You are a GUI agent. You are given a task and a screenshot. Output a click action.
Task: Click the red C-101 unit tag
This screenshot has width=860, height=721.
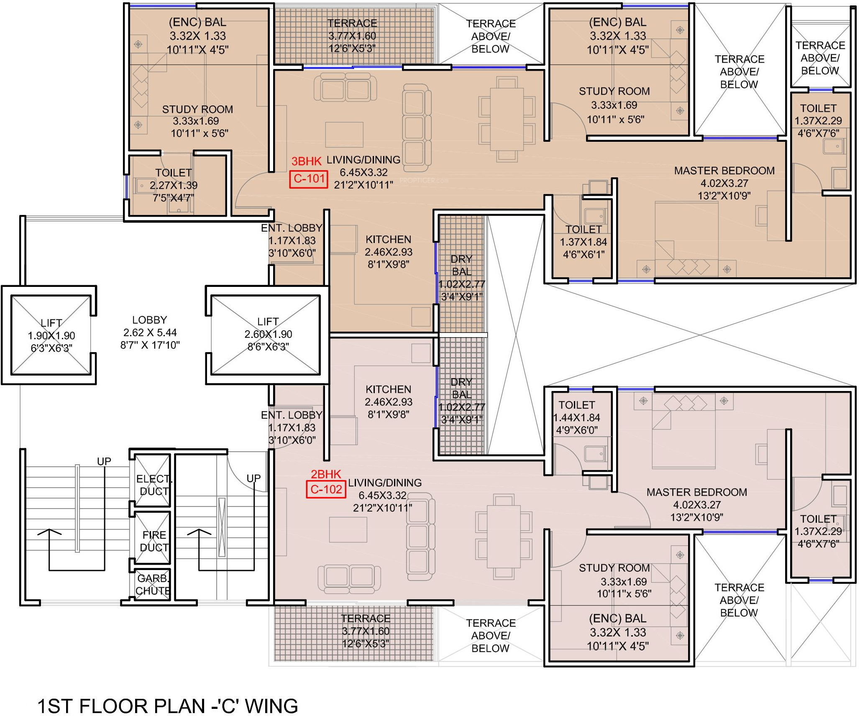click(x=309, y=179)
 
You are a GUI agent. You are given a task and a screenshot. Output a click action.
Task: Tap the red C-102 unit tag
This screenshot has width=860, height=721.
click(x=326, y=489)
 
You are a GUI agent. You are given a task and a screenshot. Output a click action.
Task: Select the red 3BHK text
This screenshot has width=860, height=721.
click(x=307, y=161)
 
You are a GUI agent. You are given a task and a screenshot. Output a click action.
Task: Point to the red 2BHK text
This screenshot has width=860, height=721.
click(x=326, y=474)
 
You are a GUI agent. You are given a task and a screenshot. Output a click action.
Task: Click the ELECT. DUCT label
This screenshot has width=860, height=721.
click(x=154, y=485)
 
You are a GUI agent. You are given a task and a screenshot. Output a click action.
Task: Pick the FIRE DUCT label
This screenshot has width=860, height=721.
click(x=154, y=541)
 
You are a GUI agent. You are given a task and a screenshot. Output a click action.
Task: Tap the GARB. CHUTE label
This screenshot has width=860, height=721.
click(x=153, y=585)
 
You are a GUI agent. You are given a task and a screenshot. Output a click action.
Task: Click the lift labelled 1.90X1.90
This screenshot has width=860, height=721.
click(x=51, y=335)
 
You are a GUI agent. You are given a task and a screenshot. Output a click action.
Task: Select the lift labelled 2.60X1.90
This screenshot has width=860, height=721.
click(x=266, y=335)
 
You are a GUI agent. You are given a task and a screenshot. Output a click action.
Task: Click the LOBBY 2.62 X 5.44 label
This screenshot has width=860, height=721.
click(x=150, y=332)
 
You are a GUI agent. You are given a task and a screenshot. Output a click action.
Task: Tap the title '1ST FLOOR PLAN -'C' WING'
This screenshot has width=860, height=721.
click(x=168, y=706)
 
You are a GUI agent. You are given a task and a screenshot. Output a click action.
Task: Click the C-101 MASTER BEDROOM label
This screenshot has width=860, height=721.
click(x=724, y=183)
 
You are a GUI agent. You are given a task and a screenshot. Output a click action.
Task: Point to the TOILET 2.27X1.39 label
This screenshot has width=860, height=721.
click(x=174, y=185)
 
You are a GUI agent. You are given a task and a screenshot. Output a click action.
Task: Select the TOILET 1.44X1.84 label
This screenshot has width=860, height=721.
click(x=576, y=417)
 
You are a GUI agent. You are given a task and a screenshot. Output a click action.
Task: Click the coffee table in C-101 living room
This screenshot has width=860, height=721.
click(x=344, y=134)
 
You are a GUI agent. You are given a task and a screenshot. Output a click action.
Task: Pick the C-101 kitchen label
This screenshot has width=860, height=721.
click(x=388, y=252)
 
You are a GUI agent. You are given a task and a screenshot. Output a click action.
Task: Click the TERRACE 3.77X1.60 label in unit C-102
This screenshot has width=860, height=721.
click(x=366, y=631)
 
